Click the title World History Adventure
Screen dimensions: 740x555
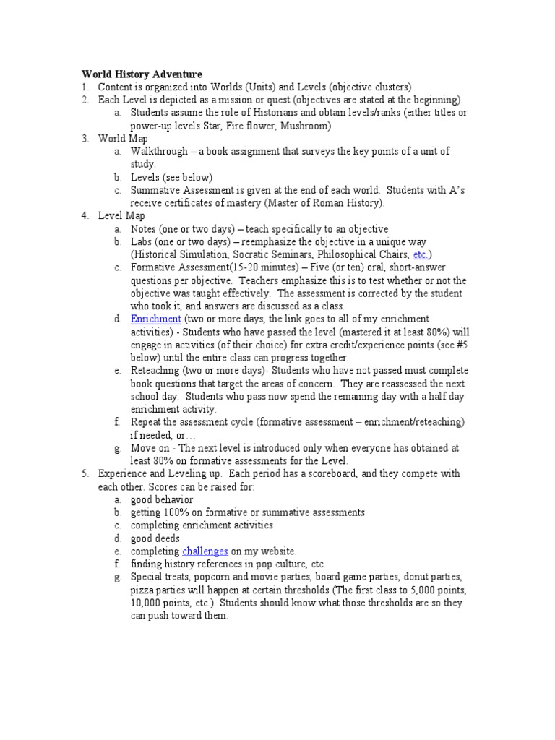(142, 74)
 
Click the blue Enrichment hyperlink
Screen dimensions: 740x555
(155, 319)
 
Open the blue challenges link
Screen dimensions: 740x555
(205, 551)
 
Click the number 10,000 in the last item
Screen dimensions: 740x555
(147, 603)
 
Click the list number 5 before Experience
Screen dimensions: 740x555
(85, 473)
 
